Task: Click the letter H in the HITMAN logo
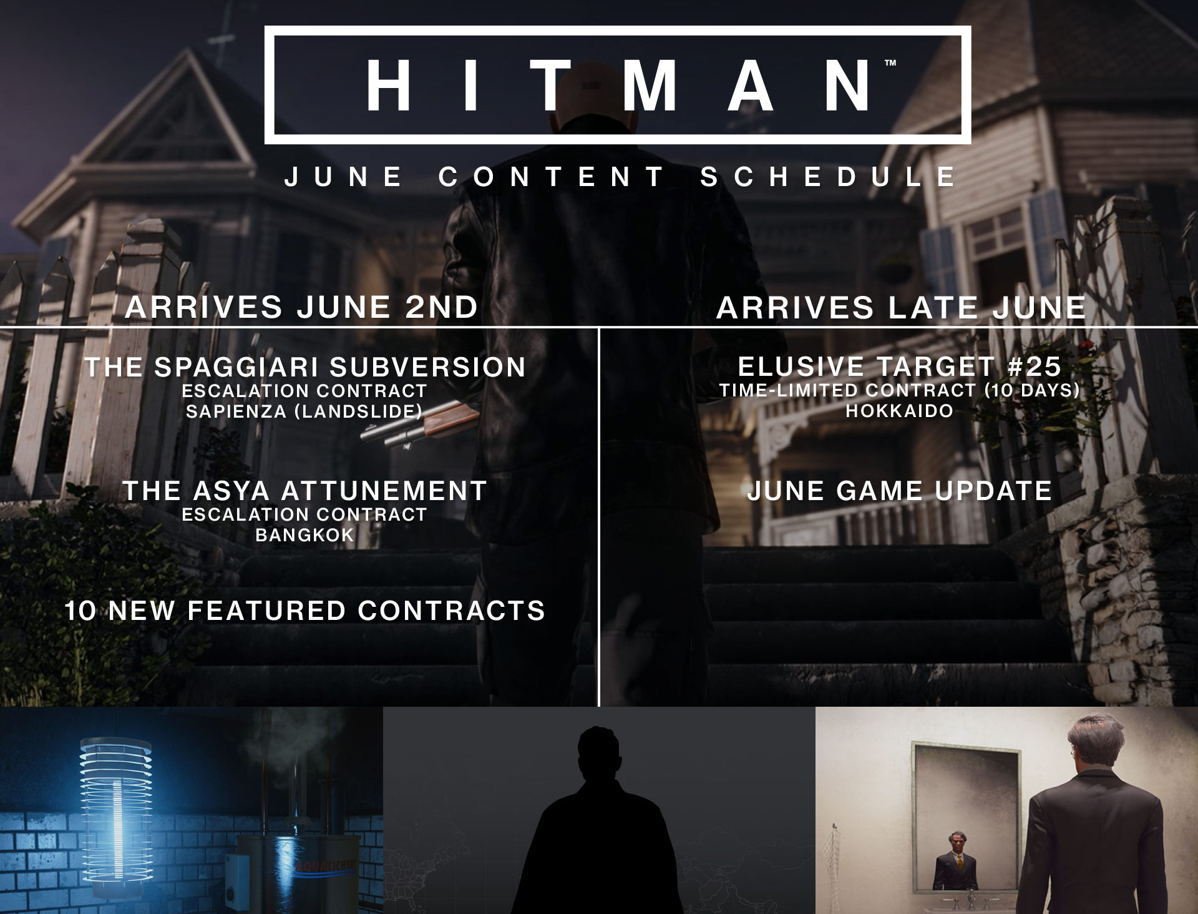tap(388, 86)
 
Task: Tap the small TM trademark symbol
tap(890, 63)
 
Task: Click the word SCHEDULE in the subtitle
tap(828, 177)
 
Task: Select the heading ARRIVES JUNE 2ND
tap(302, 307)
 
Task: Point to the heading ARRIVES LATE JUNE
tap(901, 308)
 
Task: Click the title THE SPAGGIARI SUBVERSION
tap(305, 367)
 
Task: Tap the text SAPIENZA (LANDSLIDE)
tap(304, 411)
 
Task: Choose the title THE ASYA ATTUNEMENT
tap(304, 491)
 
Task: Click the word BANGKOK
tap(304, 535)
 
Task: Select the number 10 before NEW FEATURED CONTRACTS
tap(80, 611)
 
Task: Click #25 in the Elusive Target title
tap(1034, 366)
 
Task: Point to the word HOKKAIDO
tap(899, 411)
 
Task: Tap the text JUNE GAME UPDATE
tap(899, 491)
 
